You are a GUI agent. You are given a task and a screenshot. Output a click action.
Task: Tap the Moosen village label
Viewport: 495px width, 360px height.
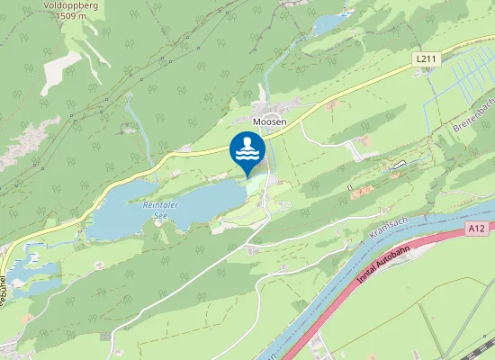pos(269,121)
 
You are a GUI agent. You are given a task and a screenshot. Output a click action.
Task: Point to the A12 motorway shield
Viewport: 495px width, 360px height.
pos(478,230)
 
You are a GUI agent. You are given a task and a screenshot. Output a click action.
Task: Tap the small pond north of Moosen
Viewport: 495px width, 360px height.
pos(332,22)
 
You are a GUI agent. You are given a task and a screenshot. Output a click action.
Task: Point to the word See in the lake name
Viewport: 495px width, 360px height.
pos(160,216)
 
